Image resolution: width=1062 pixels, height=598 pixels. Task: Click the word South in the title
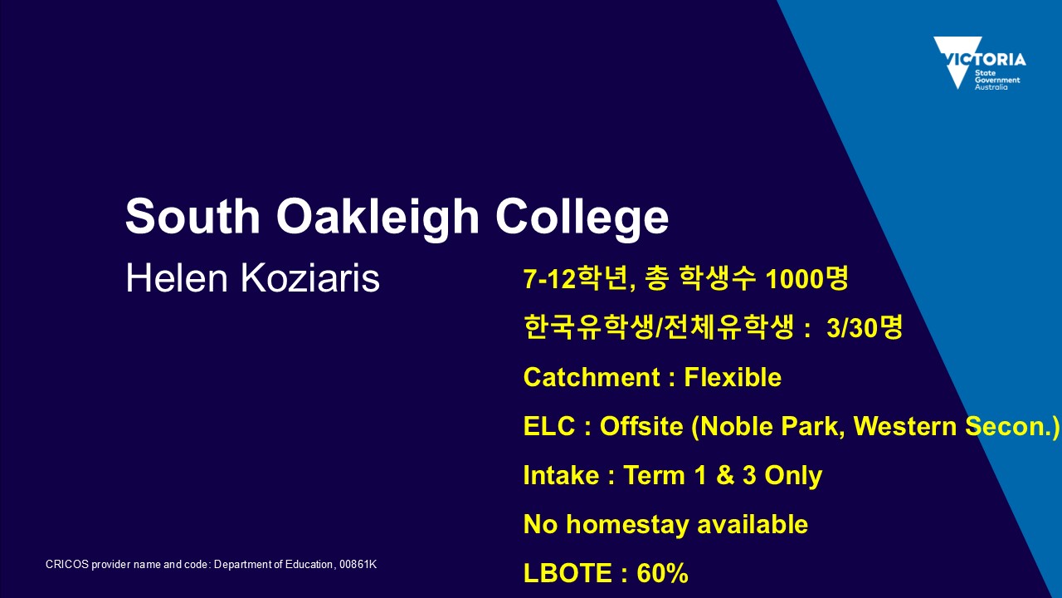click(x=192, y=217)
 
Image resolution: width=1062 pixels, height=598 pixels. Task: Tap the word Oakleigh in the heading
click(x=378, y=218)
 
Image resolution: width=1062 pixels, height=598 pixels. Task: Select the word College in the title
click(x=582, y=218)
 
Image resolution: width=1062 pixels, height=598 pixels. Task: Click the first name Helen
click(x=177, y=278)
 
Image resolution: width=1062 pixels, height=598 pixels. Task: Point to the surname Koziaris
click(x=310, y=278)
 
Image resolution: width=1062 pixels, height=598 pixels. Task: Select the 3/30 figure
click(x=851, y=327)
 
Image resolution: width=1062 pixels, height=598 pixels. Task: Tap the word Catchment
click(x=592, y=377)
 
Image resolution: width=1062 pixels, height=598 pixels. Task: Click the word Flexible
click(x=733, y=377)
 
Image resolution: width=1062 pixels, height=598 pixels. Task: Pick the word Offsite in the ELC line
click(x=641, y=426)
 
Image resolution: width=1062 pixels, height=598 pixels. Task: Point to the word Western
click(x=905, y=426)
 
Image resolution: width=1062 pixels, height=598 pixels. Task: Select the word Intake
click(x=562, y=475)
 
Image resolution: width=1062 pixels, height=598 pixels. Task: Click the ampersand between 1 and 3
click(x=725, y=475)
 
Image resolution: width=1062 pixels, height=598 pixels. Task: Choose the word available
click(x=753, y=524)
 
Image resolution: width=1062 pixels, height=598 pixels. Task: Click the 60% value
click(x=662, y=573)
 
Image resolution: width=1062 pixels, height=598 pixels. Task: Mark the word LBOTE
click(x=568, y=573)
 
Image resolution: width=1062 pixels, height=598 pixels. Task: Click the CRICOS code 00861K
click(x=358, y=564)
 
